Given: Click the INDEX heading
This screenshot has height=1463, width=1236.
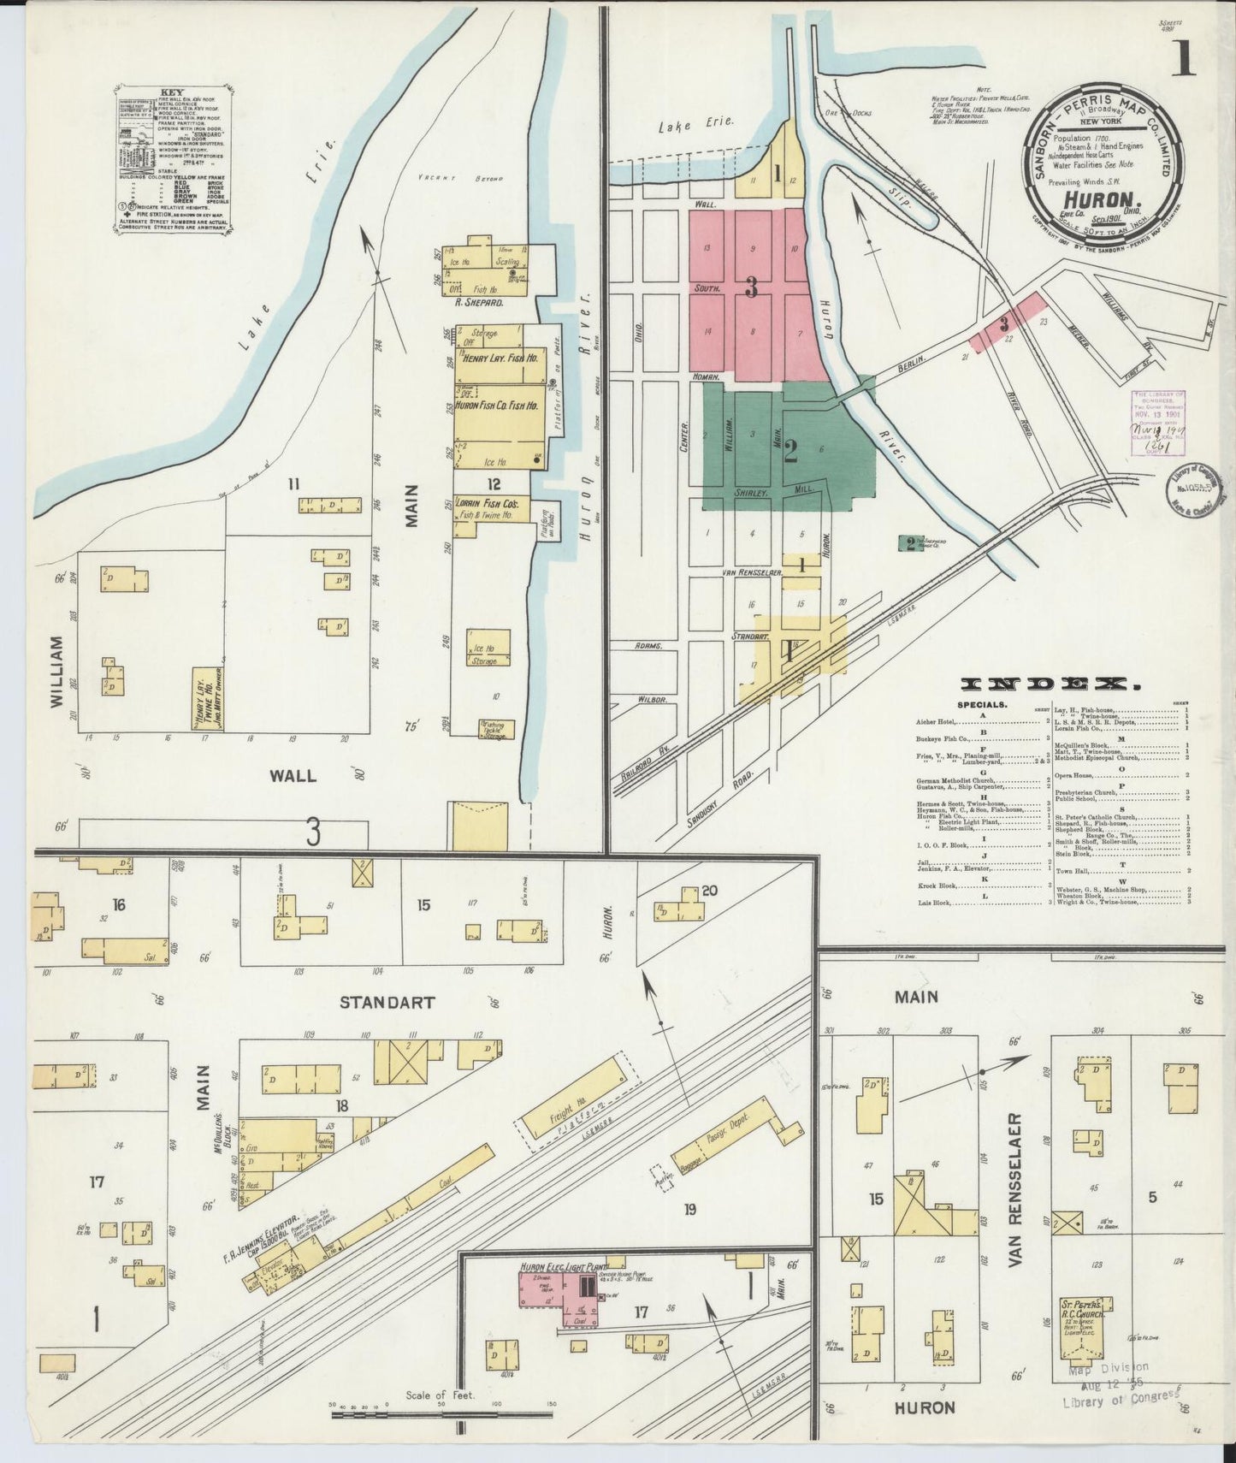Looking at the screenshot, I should [x=1051, y=684].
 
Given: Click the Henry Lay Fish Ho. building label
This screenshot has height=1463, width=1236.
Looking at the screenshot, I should [x=500, y=359].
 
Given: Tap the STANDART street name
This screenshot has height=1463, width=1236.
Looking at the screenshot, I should [x=387, y=1002].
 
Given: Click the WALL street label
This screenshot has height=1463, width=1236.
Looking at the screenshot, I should [x=293, y=776].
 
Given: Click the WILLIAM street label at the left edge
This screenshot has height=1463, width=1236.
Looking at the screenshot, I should [x=57, y=671].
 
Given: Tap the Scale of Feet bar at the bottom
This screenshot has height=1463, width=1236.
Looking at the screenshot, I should [x=443, y=1417].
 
